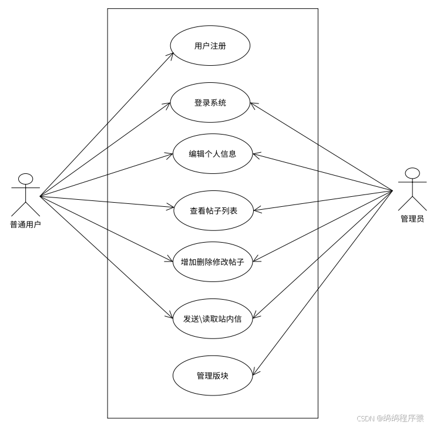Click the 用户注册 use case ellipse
point(210,46)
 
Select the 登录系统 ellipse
point(210,103)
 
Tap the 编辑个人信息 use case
point(212,155)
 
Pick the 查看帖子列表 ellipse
point(213,210)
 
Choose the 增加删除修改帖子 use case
point(212,262)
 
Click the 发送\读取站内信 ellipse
point(212,319)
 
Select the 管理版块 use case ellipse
point(212,375)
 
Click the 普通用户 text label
point(25,224)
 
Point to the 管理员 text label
point(412,219)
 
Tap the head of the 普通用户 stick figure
point(25,179)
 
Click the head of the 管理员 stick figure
point(412,173)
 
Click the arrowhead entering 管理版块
point(254,371)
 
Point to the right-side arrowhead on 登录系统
point(254,105)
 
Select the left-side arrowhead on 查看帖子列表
point(172,207)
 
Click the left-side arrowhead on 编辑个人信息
point(171,156)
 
